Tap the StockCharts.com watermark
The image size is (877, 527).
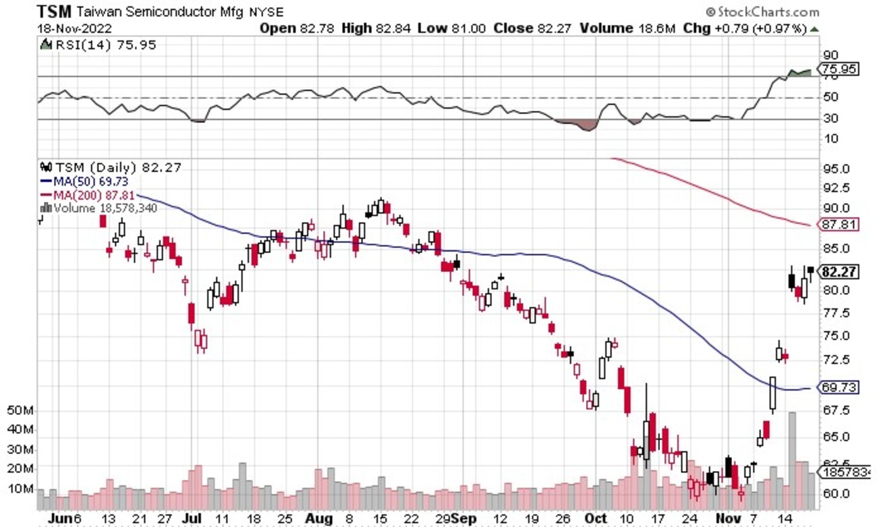[762, 11]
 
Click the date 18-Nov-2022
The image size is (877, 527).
[75, 29]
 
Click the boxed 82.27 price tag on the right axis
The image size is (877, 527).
[839, 272]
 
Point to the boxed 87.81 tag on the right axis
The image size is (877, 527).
[839, 225]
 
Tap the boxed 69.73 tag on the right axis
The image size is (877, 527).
[839, 388]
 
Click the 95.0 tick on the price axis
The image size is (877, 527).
[834, 169]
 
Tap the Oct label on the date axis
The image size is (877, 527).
[595, 518]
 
